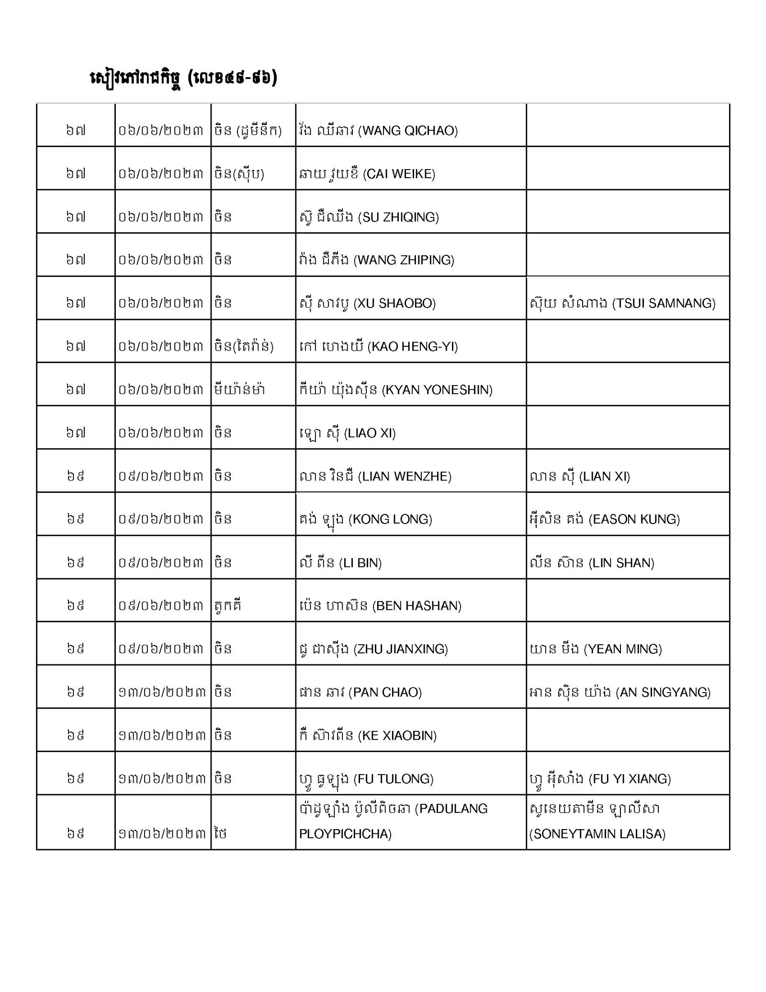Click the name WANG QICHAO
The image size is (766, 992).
tap(378, 130)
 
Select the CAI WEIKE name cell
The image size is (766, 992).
tap(367, 173)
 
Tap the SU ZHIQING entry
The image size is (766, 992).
tap(368, 217)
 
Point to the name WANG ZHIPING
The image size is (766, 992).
tap(376, 260)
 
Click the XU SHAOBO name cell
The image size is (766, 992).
tap(367, 303)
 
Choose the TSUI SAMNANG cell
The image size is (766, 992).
tap(622, 303)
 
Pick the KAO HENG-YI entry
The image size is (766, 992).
tap(378, 346)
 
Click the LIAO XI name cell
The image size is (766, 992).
tap(347, 433)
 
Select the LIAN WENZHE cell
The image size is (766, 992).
tap(375, 476)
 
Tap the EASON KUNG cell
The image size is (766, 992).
tap(605, 519)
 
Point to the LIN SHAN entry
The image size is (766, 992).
tap(592, 562)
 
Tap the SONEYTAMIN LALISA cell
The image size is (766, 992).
tap(597, 821)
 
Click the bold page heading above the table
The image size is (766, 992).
tap(183, 78)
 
